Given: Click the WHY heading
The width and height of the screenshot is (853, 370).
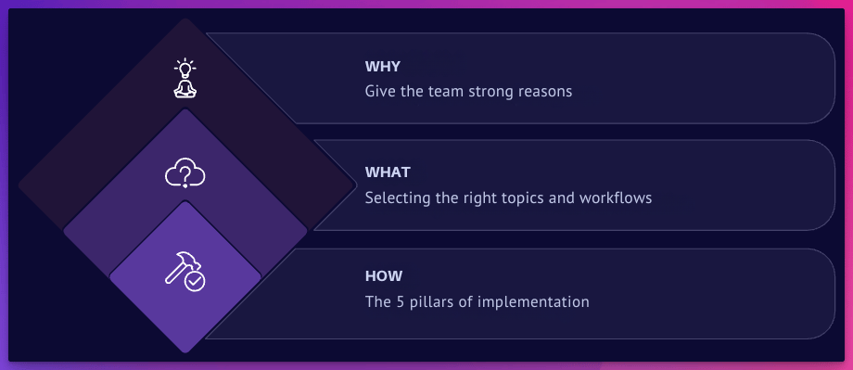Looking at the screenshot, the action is coord(382,67).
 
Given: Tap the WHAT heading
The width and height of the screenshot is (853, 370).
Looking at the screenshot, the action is coord(388,172).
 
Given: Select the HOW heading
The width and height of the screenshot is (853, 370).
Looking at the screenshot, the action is coord(384,275).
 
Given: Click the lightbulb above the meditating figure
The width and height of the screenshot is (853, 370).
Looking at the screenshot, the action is coord(185,68).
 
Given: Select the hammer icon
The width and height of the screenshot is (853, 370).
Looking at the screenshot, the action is coord(181,268).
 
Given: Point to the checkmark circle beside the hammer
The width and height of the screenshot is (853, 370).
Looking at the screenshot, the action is coord(195,281).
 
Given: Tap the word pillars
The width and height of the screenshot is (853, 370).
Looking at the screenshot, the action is coord(428,301).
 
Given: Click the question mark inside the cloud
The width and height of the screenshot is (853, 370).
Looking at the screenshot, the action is coord(185,174).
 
